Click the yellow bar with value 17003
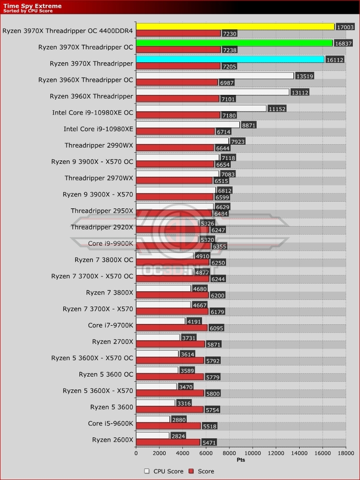[x=235, y=27]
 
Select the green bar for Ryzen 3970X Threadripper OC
[x=234, y=43]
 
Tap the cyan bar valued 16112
[x=230, y=59]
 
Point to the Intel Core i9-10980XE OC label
[x=92, y=113]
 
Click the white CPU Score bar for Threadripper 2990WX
[x=182, y=141]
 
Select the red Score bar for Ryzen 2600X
[x=168, y=442]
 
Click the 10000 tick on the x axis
[x=252, y=452]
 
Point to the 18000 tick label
[x=346, y=452]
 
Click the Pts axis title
[x=241, y=460]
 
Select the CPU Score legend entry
[x=164, y=471]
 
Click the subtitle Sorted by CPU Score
[x=28, y=11]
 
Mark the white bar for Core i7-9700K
[x=160, y=321]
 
